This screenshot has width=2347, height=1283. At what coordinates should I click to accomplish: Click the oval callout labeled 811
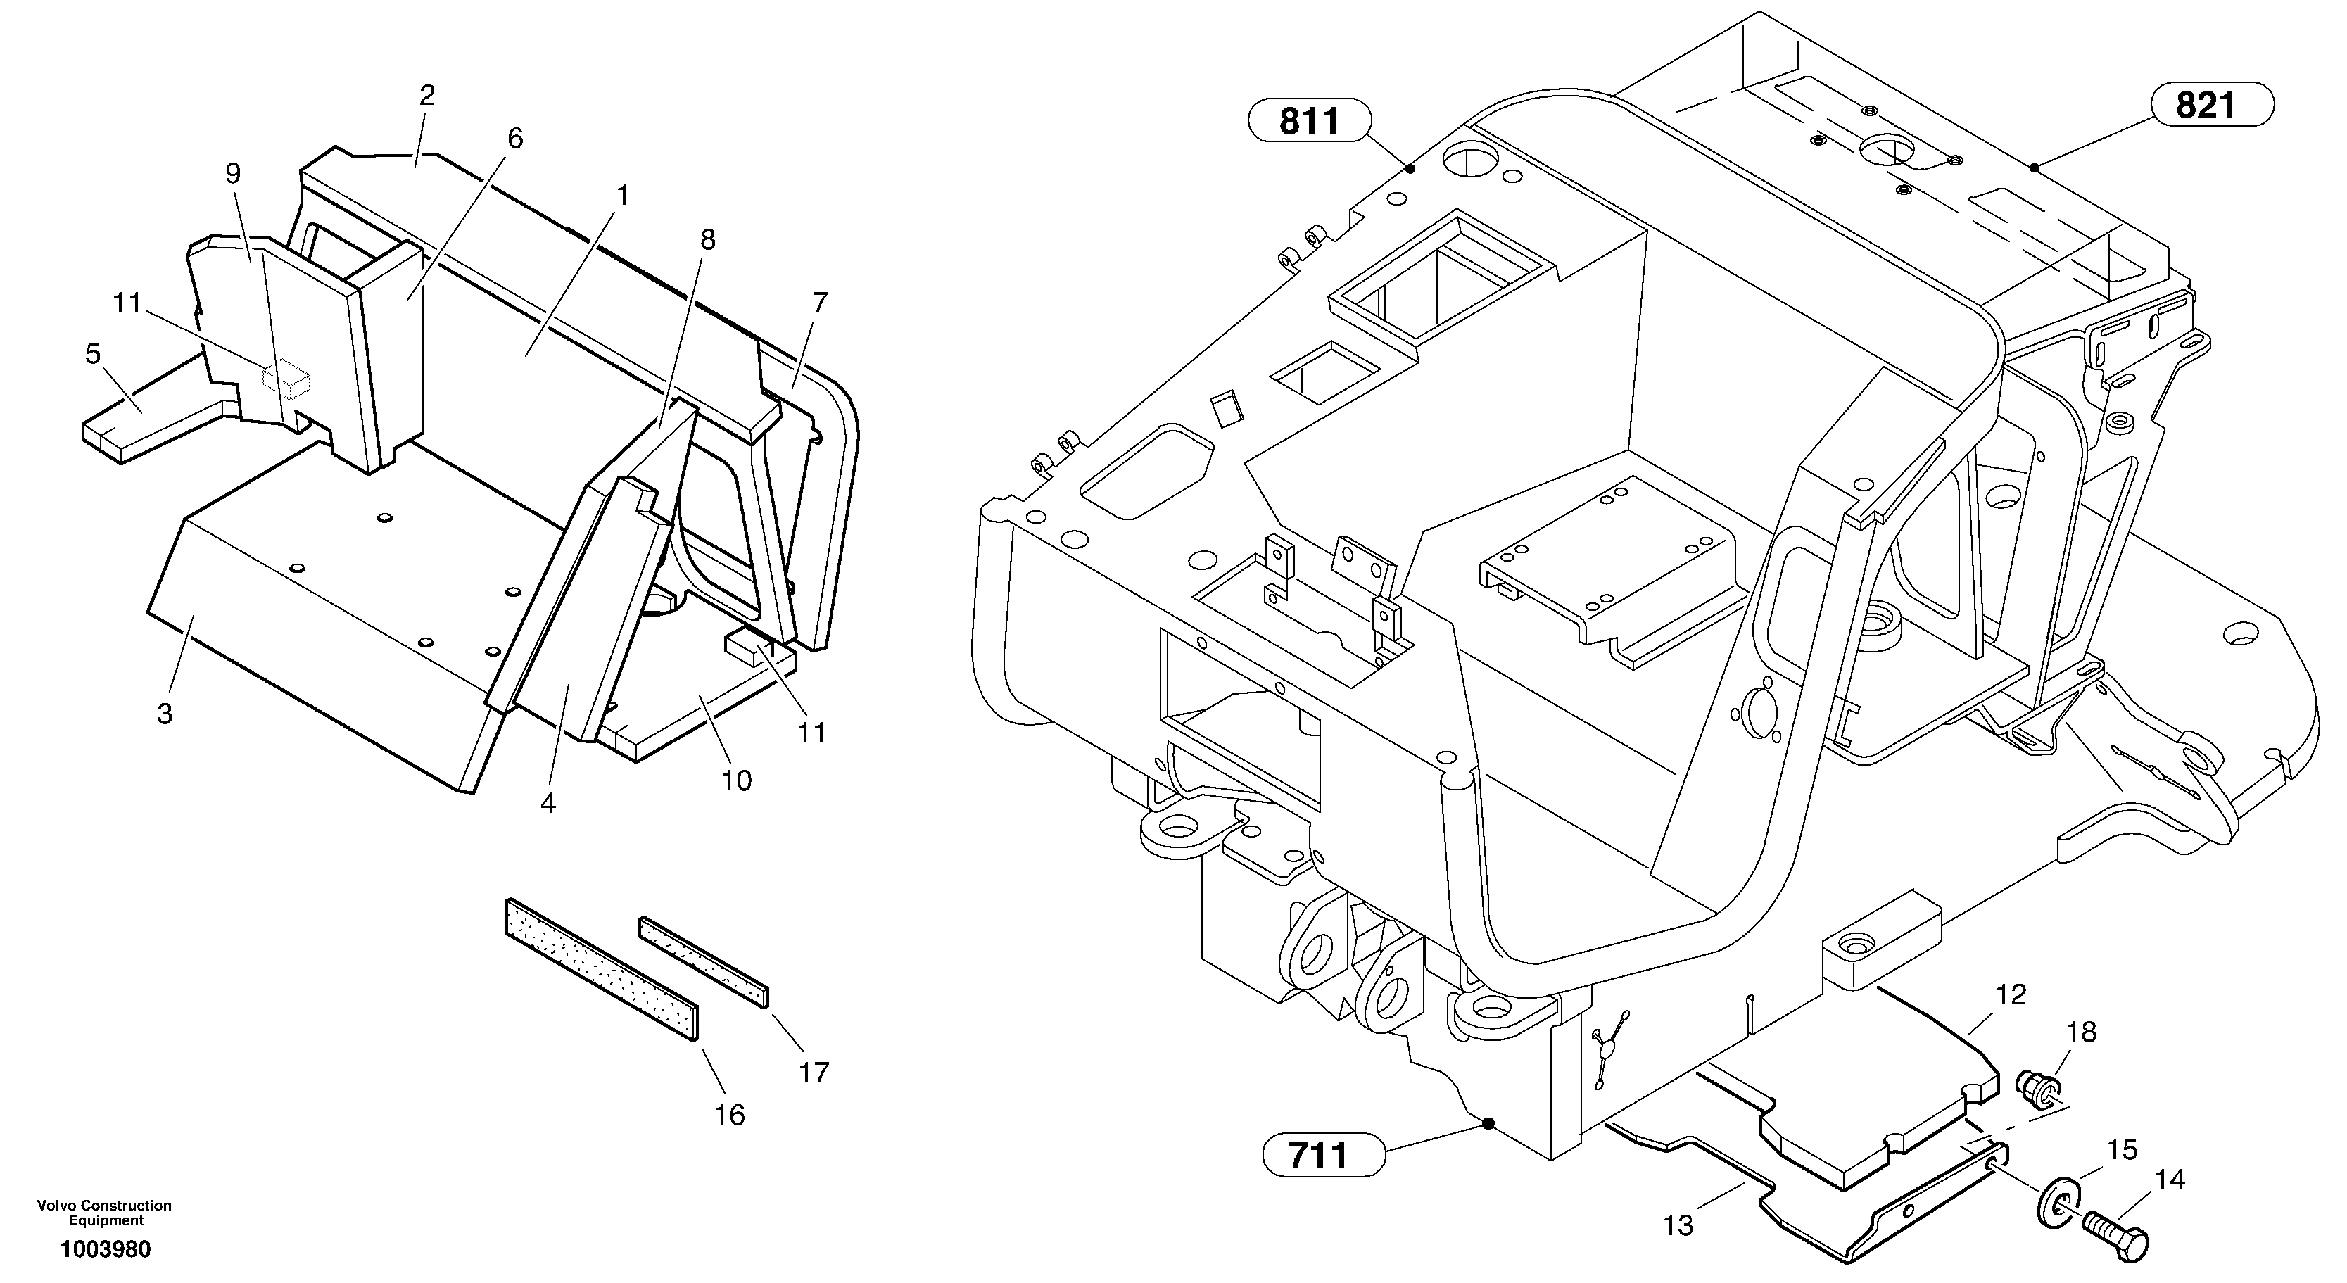pyautogui.click(x=1309, y=120)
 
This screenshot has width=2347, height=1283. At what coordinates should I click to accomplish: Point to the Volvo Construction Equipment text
pyautogui.click(x=104, y=1213)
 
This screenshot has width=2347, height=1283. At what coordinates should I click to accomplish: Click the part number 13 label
pyautogui.click(x=1678, y=1225)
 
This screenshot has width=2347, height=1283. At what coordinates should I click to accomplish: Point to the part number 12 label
pyautogui.click(x=2011, y=995)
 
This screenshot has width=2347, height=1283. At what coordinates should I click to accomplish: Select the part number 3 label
pyautogui.click(x=165, y=714)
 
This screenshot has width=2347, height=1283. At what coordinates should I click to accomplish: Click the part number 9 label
pyautogui.click(x=233, y=174)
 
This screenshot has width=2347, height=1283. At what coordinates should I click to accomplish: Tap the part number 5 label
pyautogui.click(x=93, y=353)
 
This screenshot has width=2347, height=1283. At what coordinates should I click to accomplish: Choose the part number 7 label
pyautogui.click(x=819, y=303)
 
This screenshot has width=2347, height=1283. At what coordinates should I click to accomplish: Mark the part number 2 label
pyautogui.click(x=426, y=95)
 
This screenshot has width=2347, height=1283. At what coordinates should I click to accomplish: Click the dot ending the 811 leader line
pyautogui.click(x=1410, y=168)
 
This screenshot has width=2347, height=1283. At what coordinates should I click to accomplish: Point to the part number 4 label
pyautogui.click(x=548, y=803)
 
